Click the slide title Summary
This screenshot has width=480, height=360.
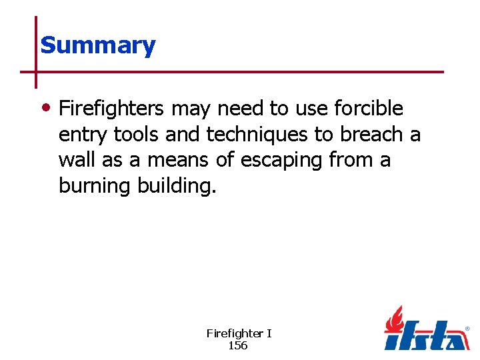97,45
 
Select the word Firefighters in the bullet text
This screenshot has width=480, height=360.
111,108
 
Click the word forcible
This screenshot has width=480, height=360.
369,108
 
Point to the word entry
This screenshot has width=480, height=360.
83,135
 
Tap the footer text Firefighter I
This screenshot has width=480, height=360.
239,333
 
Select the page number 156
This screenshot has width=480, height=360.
238,345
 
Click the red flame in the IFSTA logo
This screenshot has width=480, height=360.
395,319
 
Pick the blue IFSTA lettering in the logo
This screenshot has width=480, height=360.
427,337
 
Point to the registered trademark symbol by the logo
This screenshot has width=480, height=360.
467,329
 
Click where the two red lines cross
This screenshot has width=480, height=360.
36,71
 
